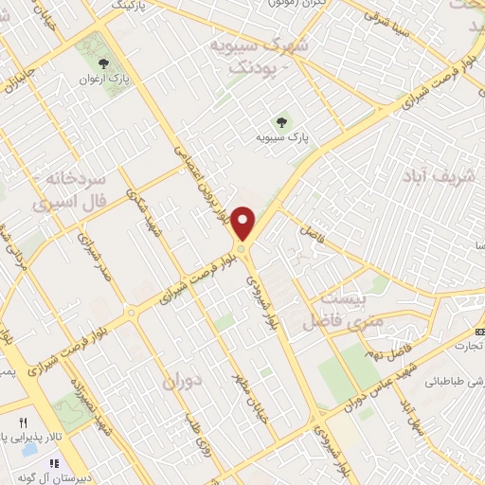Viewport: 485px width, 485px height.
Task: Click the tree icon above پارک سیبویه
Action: click(280, 120)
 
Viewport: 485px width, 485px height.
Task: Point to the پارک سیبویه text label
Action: click(280, 138)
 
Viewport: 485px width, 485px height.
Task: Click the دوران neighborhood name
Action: click(184, 382)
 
